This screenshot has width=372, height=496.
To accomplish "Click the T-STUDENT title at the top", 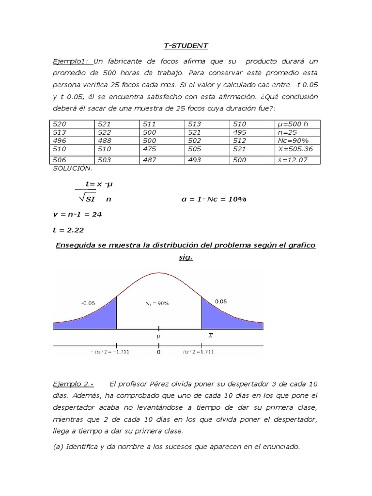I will click(186, 46).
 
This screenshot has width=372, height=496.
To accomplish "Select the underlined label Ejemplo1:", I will click(72, 62).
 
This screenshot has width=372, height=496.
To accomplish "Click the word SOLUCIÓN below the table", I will click(72, 168).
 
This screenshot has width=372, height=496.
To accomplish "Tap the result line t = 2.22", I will click(68, 231).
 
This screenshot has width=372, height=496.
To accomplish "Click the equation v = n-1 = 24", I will click(77, 214).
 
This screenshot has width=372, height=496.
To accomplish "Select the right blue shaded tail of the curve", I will click(223, 317).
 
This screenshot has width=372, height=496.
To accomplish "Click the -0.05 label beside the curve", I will click(88, 303).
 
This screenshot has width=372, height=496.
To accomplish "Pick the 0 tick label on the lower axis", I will click(158, 353).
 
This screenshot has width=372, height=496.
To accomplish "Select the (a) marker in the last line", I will click(58, 447).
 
